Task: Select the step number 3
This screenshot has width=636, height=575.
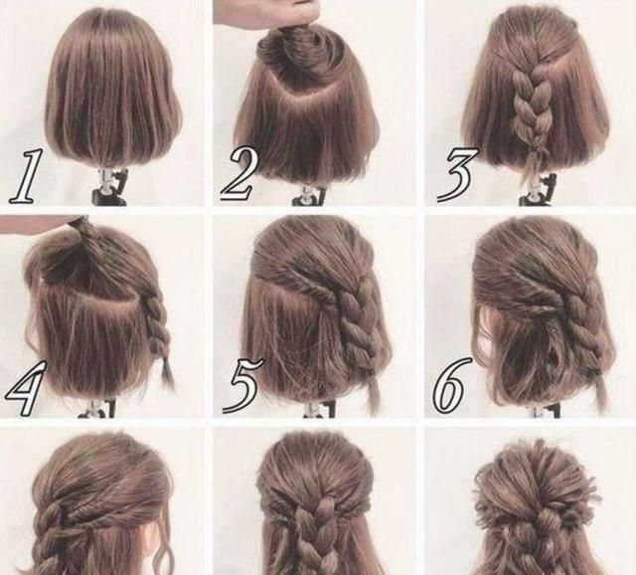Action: tap(457, 175)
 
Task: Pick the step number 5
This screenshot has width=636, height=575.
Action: tap(242, 385)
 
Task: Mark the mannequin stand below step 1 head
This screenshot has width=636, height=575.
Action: tap(108, 186)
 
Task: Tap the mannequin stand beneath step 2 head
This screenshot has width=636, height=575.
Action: tap(309, 195)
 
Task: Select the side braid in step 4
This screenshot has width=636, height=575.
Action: tap(157, 320)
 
